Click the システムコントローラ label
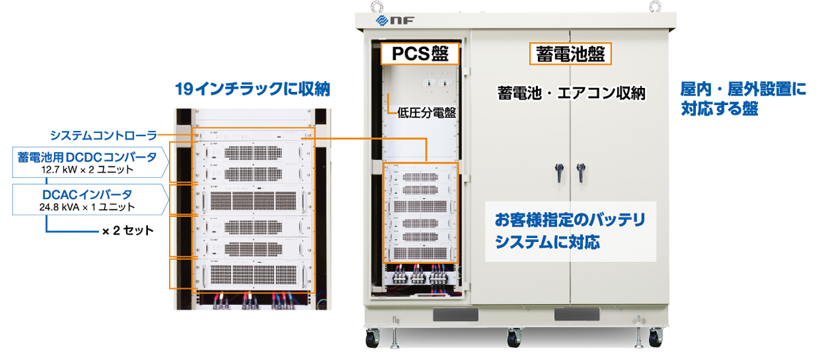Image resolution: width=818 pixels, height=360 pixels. click(x=103, y=134)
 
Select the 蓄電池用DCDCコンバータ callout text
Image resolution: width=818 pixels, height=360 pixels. click(x=87, y=157)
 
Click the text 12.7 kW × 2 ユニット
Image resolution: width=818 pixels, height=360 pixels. click(x=87, y=169)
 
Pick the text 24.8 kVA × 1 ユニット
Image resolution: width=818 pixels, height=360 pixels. click(x=87, y=207)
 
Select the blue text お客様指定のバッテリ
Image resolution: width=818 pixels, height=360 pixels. click(x=569, y=221)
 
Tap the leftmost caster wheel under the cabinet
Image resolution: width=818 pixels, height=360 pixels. click(x=372, y=337)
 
